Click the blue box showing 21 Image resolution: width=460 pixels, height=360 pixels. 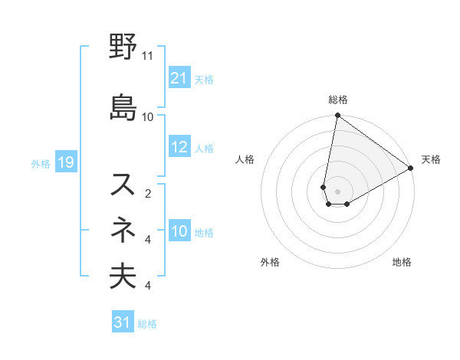click(x=179, y=77)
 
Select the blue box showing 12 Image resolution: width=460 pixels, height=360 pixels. click(x=179, y=147)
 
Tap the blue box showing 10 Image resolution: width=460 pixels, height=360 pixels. click(x=179, y=231)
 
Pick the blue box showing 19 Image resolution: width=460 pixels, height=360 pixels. click(x=65, y=162)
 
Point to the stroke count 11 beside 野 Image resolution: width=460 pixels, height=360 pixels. click(x=147, y=56)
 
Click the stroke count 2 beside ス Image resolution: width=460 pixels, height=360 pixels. click(x=148, y=193)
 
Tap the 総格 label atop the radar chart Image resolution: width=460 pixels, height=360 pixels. click(x=338, y=100)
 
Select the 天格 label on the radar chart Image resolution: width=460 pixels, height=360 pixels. click(x=431, y=159)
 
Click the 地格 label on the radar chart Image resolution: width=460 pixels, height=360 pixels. click(x=402, y=262)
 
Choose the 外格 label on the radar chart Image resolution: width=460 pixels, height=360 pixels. click(x=270, y=262)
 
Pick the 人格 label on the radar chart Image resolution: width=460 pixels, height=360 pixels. click(x=245, y=159)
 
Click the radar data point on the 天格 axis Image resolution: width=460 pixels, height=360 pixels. click(x=411, y=168)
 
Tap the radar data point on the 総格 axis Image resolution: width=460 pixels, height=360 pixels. click(x=337, y=116)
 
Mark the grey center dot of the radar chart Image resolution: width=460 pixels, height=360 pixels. click(x=337, y=191)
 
